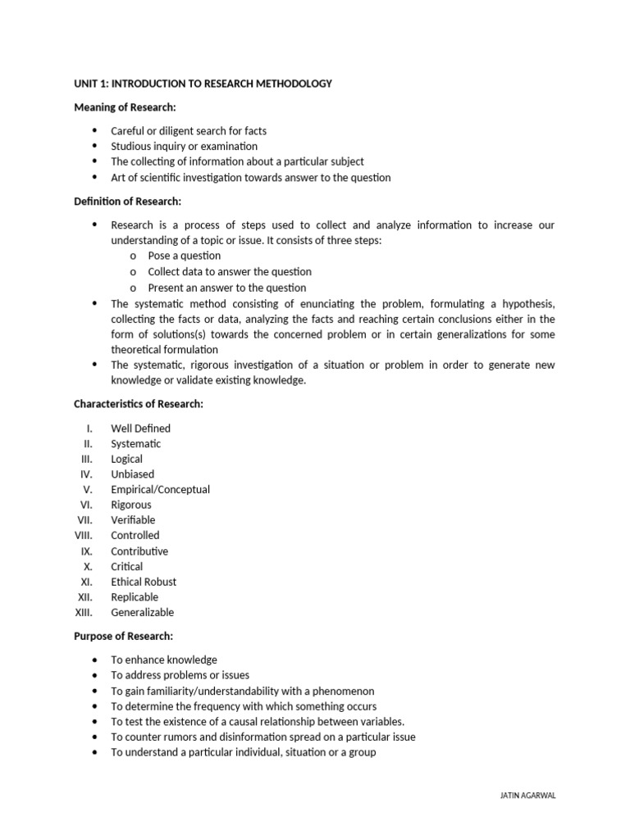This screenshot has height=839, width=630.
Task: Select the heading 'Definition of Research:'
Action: click(x=127, y=202)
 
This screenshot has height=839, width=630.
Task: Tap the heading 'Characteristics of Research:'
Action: click(x=139, y=404)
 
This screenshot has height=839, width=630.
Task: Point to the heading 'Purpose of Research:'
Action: click(x=123, y=636)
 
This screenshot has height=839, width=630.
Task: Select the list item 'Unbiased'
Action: click(x=133, y=474)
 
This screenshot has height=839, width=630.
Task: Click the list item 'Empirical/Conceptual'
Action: click(x=161, y=489)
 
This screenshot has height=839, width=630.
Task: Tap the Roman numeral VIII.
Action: click(x=84, y=536)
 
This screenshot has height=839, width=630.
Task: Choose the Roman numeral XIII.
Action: click(x=84, y=613)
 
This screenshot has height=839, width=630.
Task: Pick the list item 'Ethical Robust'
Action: click(x=144, y=582)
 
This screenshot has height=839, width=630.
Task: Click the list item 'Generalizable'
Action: click(x=143, y=613)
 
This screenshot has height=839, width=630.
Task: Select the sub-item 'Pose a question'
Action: click(x=185, y=256)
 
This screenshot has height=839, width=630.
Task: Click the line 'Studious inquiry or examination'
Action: click(x=185, y=147)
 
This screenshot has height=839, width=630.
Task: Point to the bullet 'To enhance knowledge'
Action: click(x=164, y=660)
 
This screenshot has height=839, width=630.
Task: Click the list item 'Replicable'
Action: click(x=135, y=597)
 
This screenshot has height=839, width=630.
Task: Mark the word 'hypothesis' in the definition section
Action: click(x=525, y=303)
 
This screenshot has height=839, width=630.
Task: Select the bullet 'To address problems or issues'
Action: click(x=180, y=675)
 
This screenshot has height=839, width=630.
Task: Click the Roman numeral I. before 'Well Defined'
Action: click(x=89, y=428)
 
